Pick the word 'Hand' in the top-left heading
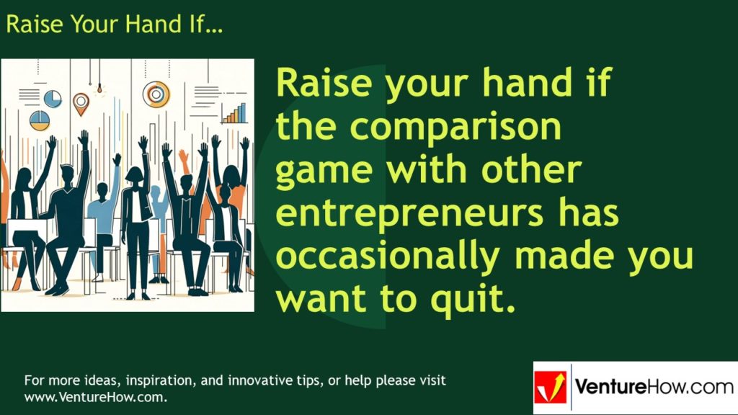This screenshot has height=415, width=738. point(152,24)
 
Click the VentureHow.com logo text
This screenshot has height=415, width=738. point(653,388)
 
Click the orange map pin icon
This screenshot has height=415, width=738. point(80,102)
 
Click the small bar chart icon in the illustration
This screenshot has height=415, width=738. point(234,113)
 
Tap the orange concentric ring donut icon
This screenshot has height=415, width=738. point(156,94)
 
